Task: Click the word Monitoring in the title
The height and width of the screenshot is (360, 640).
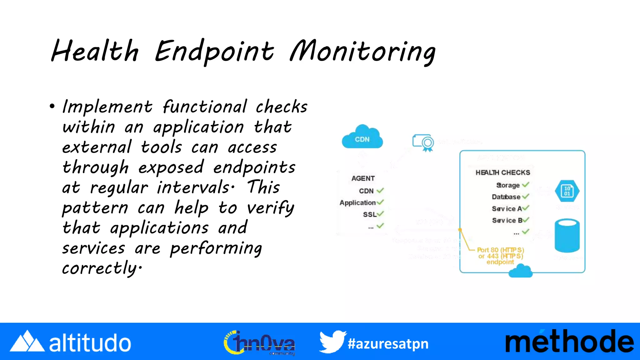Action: click(362, 52)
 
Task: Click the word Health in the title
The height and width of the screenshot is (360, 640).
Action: click(95, 52)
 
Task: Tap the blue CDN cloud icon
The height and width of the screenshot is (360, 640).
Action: click(362, 137)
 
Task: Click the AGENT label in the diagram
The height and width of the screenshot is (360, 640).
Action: click(363, 178)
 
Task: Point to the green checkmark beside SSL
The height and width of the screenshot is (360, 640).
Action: click(380, 214)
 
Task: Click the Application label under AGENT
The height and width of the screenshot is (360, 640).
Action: click(357, 202)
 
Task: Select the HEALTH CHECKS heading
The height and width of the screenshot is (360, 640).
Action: click(503, 172)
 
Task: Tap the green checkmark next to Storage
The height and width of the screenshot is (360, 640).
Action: click(526, 185)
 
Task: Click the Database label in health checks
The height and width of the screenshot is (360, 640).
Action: click(506, 197)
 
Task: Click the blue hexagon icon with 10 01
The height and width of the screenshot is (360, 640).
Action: click(567, 191)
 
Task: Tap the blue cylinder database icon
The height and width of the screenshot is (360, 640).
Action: click(567, 236)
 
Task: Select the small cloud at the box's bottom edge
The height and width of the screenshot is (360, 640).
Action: click(520, 271)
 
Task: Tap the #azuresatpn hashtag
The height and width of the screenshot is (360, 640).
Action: click(388, 344)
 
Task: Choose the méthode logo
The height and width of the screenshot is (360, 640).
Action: click(569, 342)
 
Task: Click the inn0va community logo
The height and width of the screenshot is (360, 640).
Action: click(259, 343)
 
